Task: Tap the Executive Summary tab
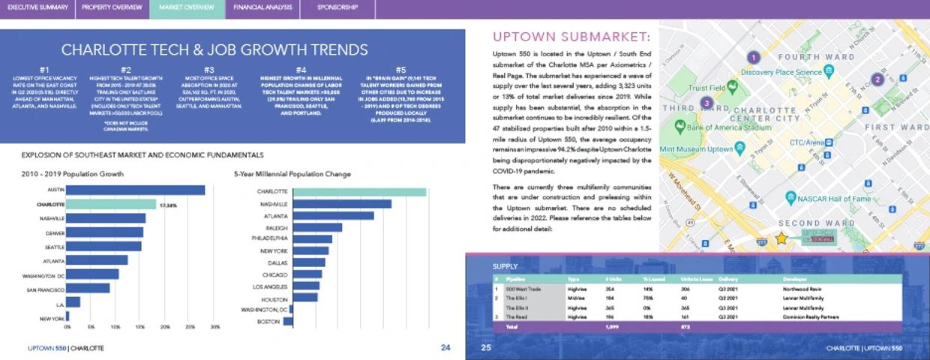coord(37,7)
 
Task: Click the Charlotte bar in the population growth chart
coord(112,204)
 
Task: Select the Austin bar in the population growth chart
coord(136,190)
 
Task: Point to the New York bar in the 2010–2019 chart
coord(67,318)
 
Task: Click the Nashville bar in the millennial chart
coord(342,204)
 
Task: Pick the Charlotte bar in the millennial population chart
coord(359,191)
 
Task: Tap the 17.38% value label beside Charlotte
coord(168,204)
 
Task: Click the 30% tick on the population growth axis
coord(215,328)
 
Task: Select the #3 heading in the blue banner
coord(209,70)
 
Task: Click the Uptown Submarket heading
coord(571,37)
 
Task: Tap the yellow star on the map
coord(781,238)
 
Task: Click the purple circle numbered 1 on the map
coord(754,57)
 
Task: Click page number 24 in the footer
coord(445,348)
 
